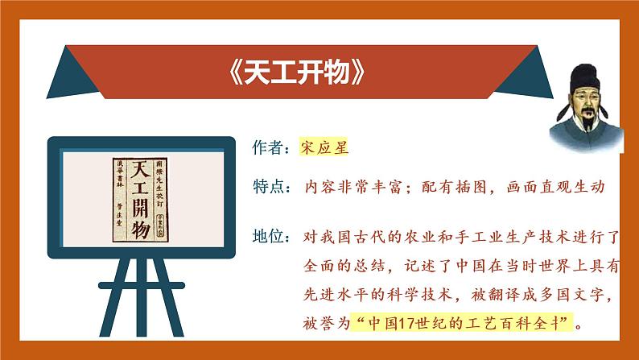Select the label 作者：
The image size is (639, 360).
[270, 148]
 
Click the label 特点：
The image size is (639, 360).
[270, 187]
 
